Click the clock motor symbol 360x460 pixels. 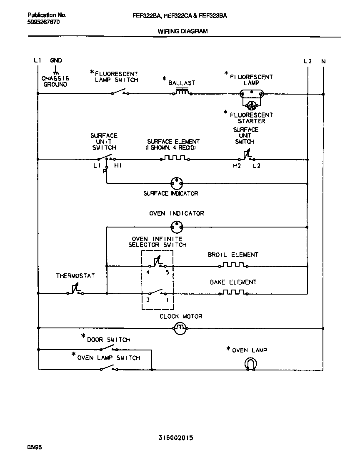(179, 329)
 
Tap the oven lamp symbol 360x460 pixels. (250, 364)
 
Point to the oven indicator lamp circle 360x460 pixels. (177, 227)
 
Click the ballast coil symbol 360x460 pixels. (182, 92)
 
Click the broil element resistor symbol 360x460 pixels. (233, 265)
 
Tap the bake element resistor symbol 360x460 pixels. (233, 292)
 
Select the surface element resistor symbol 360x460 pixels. (175, 158)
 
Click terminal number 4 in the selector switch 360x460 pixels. (148, 272)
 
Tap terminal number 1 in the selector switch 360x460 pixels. (167, 300)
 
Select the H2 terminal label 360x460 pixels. (237, 166)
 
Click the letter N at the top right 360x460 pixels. (323, 61)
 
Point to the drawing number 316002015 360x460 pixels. (175, 437)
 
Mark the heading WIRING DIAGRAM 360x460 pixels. (182, 31)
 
